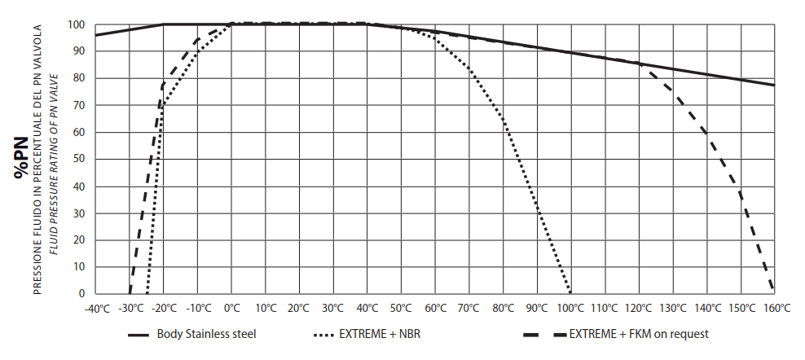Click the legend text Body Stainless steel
tap(208, 334)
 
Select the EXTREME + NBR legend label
tap(380, 334)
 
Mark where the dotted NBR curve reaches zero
tap(570, 292)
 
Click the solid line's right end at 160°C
tap(774, 85)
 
